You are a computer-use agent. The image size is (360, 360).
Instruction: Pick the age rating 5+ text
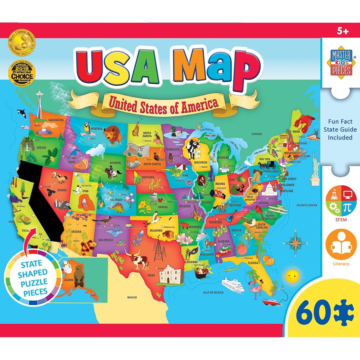click(x=342, y=31)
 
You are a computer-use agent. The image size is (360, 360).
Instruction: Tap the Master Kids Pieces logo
click(x=341, y=61)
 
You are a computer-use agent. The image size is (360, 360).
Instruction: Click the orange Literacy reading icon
click(x=341, y=245)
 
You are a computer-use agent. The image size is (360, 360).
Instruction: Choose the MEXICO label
click(x=132, y=297)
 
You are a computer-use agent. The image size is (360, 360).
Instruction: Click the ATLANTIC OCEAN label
click(x=307, y=205)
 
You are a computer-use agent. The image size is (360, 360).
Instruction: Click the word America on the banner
click(x=202, y=104)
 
